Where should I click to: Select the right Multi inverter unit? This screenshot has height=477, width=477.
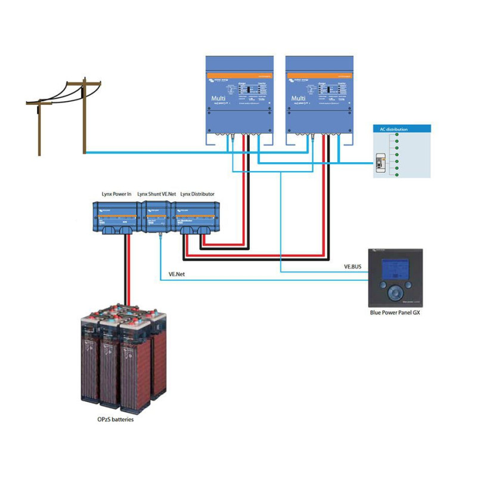click(x=319, y=95)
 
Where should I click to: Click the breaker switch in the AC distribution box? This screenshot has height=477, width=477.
click(x=379, y=164)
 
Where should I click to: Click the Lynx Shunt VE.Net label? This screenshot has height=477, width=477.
click(x=156, y=194)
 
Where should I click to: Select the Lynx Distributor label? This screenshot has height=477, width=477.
click(x=197, y=194)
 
